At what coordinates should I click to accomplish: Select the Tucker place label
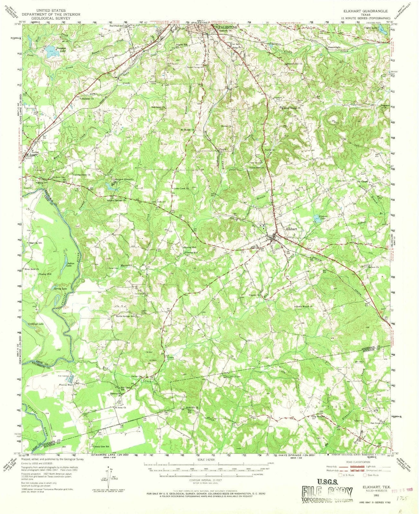point(35,152)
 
